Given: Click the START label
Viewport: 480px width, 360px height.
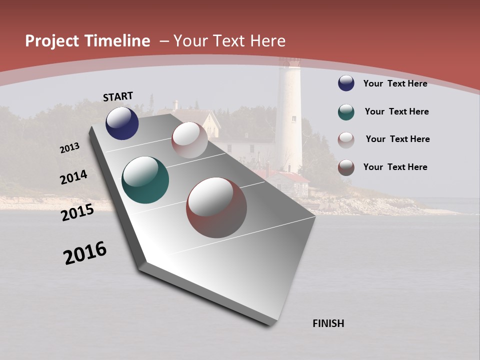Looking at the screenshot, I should pyautogui.click(x=118, y=96).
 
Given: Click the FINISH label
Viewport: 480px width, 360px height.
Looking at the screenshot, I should pyautogui.click(x=328, y=323).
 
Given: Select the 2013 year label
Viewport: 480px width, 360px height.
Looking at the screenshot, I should pyautogui.click(x=69, y=148).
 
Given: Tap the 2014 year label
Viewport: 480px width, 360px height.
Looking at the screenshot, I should pyautogui.click(x=73, y=177).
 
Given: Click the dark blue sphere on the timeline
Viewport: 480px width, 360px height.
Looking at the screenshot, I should pyautogui.click(x=122, y=123).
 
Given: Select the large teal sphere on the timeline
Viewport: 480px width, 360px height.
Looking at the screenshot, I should pyautogui.click(x=145, y=180).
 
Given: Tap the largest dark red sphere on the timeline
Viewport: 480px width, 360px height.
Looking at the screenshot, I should pyautogui.click(x=216, y=207).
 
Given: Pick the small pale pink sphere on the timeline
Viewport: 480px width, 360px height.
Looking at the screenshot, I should pyautogui.click(x=189, y=140).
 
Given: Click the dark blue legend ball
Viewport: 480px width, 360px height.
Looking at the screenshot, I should pyautogui.click(x=346, y=83).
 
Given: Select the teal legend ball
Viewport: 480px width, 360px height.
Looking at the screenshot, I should pyautogui.click(x=346, y=111).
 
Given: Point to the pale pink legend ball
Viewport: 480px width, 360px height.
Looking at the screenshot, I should pyautogui.click(x=346, y=139).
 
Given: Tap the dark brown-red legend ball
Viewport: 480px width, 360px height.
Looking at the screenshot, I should pyautogui.click(x=346, y=167).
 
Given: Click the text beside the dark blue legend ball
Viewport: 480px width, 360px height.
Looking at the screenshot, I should pyautogui.click(x=395, y=83).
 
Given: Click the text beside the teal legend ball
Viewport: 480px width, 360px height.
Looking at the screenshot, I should pyautogui.click(x=396, y=111).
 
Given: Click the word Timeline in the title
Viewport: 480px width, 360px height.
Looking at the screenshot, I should pyautogui.click(x=118, y=41).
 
